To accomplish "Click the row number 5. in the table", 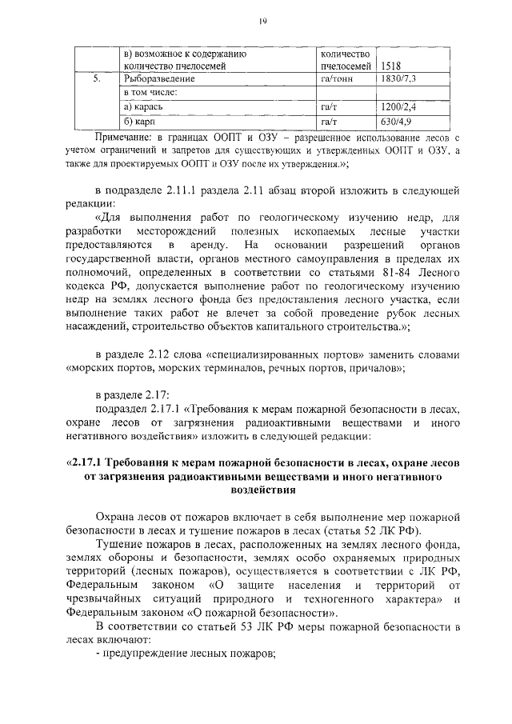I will [x=97, y=80].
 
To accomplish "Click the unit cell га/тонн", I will [x=336, y=80].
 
